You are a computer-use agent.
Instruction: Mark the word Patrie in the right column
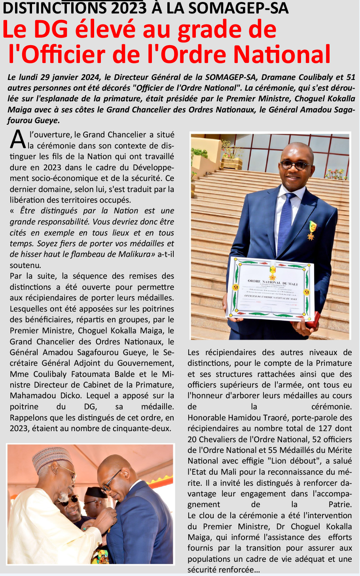tap(340, 505)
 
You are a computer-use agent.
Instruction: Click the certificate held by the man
tap(271, 289)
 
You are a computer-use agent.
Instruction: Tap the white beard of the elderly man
tap(63, 497)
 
